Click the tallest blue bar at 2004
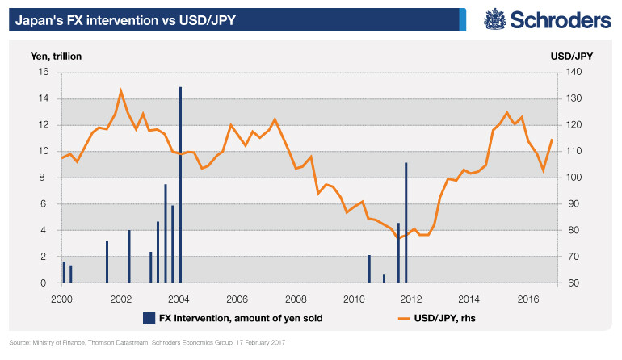point(180,186)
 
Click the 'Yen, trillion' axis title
point(57,57)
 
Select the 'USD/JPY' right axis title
point(570,57)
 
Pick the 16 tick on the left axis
point(44,72)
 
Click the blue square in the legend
point(149,318)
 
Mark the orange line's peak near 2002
point(121,90)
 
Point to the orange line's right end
point(552,140)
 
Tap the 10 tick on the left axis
point(44,151)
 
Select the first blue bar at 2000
point(64,272)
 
